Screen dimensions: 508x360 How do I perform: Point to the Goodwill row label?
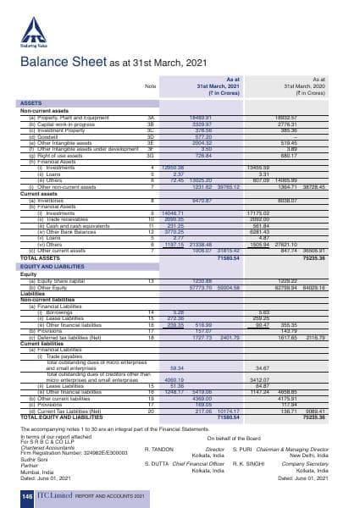[42, 135]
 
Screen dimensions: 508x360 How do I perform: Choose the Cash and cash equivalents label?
[72, 224]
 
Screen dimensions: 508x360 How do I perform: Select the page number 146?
[27, 494]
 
